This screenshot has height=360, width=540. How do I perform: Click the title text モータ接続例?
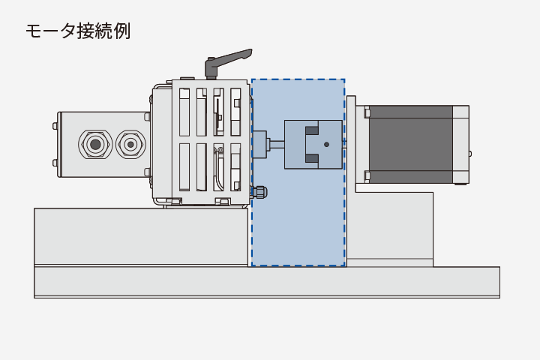tap(77, 31)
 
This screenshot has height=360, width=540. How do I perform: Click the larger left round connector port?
tap(95, 143)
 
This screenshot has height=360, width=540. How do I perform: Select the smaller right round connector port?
tap(130, 143)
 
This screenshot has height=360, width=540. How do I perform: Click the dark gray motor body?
tap(410, 144)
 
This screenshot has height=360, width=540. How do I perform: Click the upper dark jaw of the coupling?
tap(312, 130)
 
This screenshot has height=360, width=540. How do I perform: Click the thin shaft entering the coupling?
tap(276, 144)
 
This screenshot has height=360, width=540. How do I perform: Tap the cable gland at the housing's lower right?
tap(259, 192)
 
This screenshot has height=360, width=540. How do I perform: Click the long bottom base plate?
tap(266, 282)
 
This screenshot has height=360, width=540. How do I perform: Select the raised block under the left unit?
tap(140, 236)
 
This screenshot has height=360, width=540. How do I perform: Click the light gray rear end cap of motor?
tap(460, 144)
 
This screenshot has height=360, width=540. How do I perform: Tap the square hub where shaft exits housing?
tap(259, 144)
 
